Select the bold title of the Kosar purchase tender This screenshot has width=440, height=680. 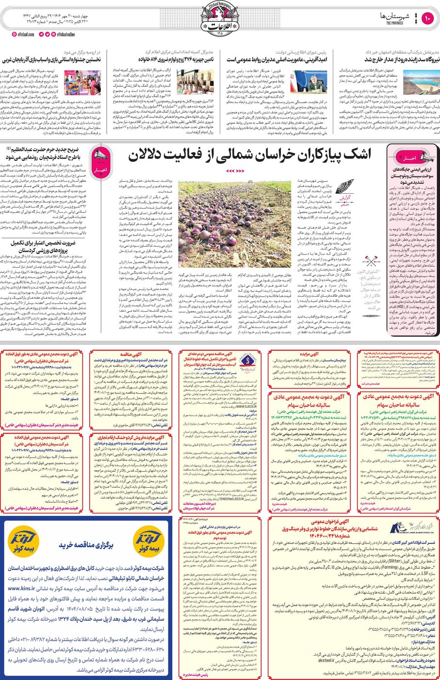[x=86, y=545]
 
